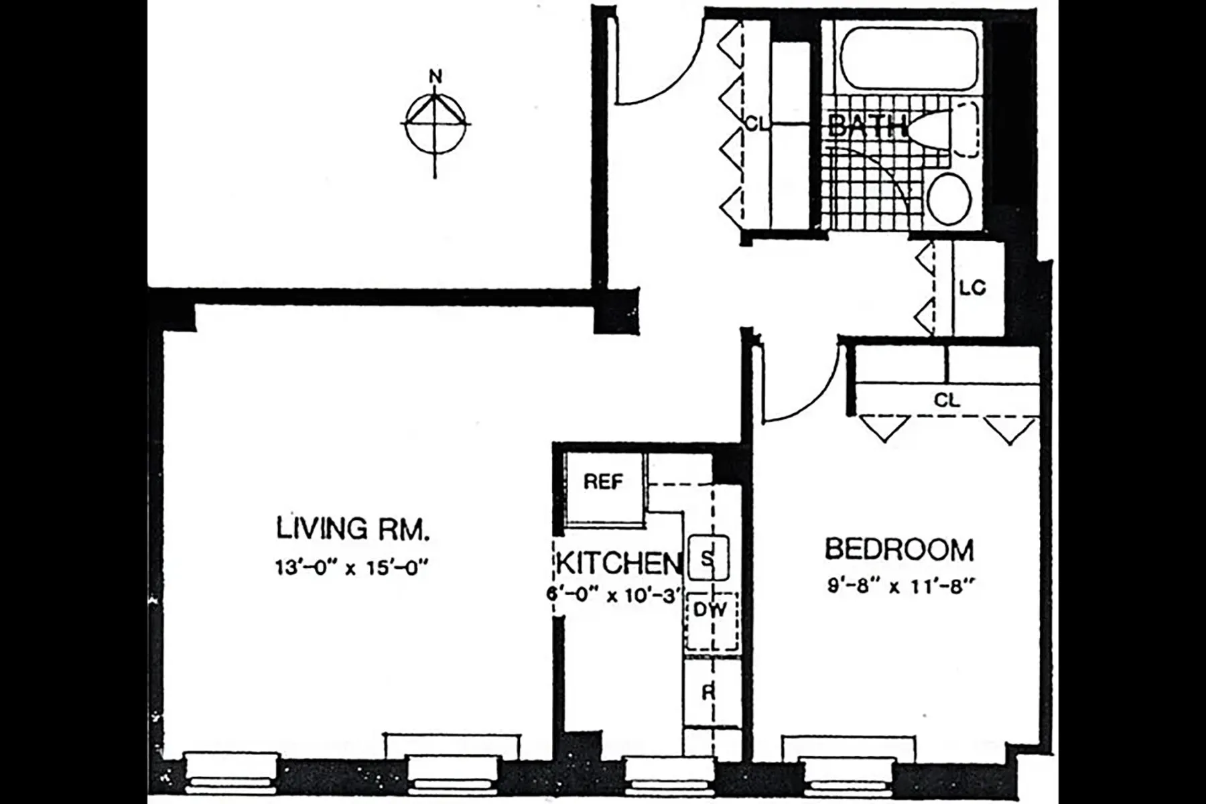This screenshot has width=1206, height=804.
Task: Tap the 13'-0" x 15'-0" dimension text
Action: point(351,568)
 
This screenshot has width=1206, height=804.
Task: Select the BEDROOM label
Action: point(898,549)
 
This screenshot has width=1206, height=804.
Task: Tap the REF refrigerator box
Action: point(603,482)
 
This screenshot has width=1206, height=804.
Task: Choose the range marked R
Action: point(709,692)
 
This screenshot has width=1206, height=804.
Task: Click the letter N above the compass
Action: point(435,76)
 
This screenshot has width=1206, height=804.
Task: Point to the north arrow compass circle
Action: point(435,125)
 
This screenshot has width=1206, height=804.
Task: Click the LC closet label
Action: point(972,288)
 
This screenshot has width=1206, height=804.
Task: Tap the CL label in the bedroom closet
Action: point(947,401)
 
